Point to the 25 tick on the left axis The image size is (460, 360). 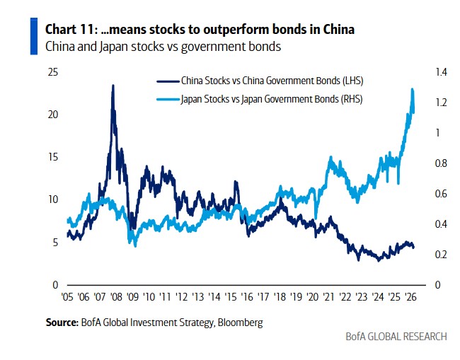coord(53,72)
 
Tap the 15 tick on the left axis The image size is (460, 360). coord(53,157)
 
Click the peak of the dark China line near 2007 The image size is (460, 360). coord(113,86)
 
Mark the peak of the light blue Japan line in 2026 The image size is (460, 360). coord(412,89)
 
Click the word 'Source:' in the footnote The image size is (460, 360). coord(60,323)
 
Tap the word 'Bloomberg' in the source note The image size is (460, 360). coord(238,323)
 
